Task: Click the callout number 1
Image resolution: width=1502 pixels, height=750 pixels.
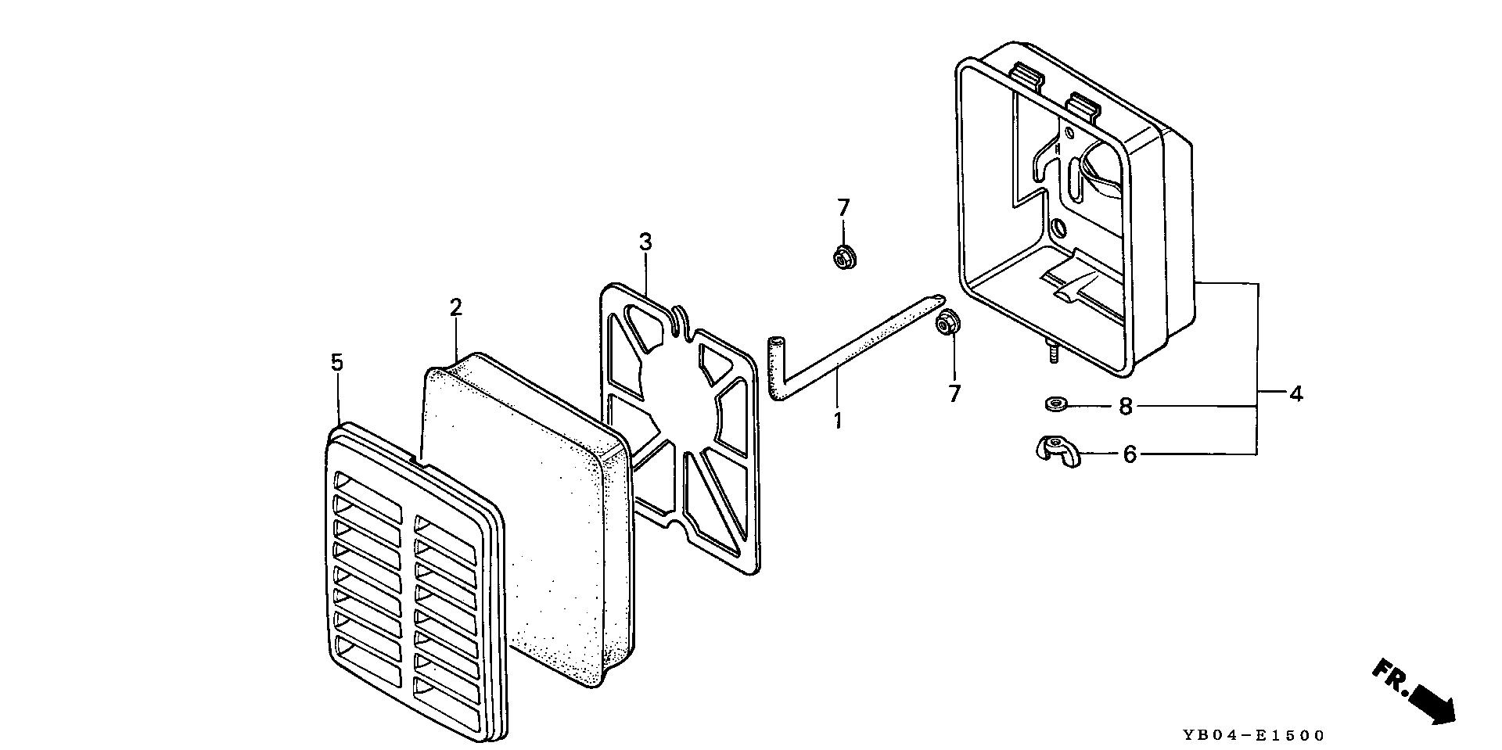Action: (x=838, y=420)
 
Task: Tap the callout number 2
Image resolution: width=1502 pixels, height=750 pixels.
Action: (x=455, y=307)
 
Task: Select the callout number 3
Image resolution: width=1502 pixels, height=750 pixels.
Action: (x=645, y=242)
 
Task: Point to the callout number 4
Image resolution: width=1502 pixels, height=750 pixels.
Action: (x=1296, y=394)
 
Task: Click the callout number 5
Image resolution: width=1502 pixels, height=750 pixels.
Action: (x=336, y=362)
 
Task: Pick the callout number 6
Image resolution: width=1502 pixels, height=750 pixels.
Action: (x=1129, y=454)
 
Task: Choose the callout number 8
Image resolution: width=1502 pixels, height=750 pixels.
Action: (x=1125, y=407)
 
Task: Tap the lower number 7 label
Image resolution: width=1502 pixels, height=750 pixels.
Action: (x=954, y=394)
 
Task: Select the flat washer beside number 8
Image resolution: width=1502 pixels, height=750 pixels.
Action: (x=1055, y=404)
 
